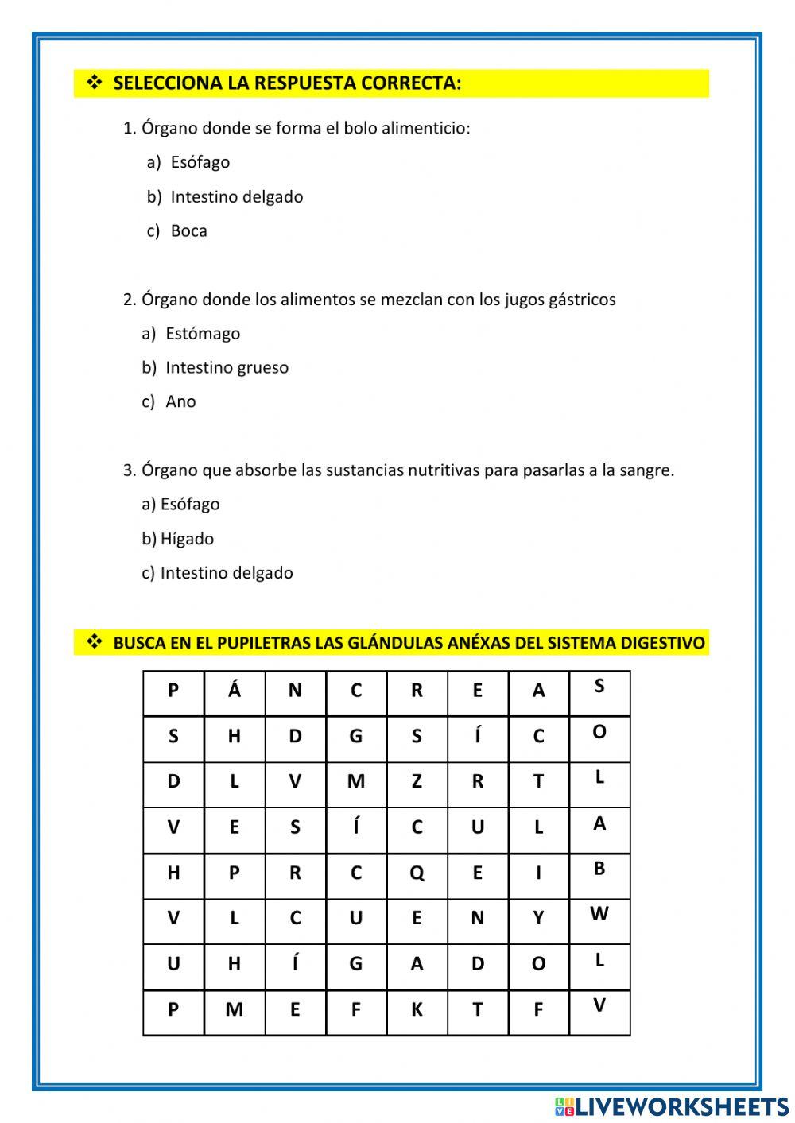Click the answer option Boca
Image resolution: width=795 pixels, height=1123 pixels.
188,231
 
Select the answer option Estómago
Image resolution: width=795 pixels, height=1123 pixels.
202,334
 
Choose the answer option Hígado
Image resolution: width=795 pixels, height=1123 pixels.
187,539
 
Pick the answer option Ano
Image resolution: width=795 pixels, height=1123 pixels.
180,402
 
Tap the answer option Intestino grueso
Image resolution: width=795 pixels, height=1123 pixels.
227,368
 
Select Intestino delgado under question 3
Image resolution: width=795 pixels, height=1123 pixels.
227,573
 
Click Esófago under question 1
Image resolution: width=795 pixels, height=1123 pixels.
200,162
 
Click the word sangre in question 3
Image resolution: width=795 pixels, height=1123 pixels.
646,470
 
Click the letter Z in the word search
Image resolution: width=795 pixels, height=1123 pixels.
417,782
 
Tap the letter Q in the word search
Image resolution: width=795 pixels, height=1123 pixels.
417,873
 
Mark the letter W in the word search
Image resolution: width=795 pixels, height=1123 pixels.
599,914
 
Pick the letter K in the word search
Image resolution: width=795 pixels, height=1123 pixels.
417,1010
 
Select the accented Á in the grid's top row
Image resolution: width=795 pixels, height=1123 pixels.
234,690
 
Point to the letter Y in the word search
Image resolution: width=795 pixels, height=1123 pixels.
538,919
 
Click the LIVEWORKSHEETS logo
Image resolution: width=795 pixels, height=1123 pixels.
672,1106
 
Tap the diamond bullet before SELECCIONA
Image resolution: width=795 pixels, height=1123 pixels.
95,83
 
